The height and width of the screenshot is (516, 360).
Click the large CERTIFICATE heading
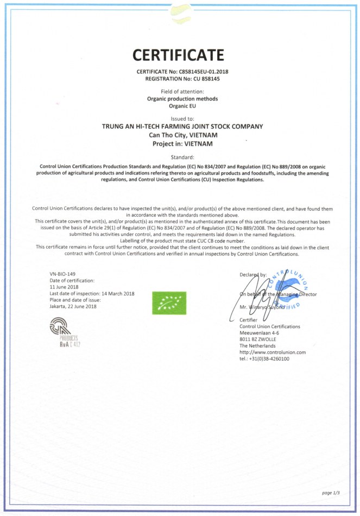point(178,55)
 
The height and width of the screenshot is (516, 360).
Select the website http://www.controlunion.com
point(272,352)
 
